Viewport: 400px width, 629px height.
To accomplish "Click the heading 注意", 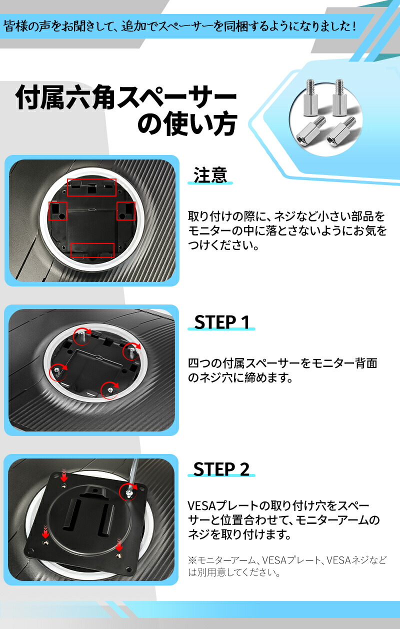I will pos(210,175).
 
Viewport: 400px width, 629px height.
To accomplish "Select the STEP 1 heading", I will pos(221,322).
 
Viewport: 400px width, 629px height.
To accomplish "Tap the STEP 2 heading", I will pos(221,469).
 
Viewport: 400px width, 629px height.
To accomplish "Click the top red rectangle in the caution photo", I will pos(91,187).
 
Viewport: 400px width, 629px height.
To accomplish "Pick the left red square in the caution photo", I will pos(57,211).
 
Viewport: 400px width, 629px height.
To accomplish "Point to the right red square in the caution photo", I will pos(125,211).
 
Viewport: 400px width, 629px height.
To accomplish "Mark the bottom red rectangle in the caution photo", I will pos(92,250).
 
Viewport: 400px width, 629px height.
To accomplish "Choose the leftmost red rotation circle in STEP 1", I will pos(57,370).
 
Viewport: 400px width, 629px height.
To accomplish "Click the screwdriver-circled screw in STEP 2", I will pos(129,492).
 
